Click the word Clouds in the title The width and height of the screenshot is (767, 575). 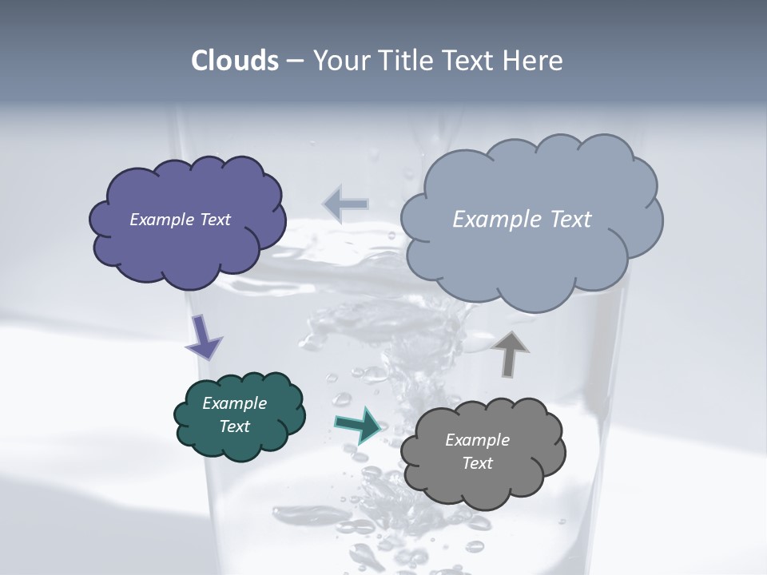(234, 61)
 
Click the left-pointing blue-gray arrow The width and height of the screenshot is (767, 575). (345, 204)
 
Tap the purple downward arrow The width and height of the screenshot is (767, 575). (204, 335)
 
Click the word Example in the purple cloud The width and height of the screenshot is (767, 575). (162, 220)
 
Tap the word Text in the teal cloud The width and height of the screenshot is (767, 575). (235, 426)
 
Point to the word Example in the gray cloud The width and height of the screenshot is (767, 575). (477, 440)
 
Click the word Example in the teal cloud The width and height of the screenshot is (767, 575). (235, 403)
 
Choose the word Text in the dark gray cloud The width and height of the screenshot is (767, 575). (477, 463)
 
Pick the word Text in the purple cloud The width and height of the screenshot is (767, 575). (214, 220)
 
